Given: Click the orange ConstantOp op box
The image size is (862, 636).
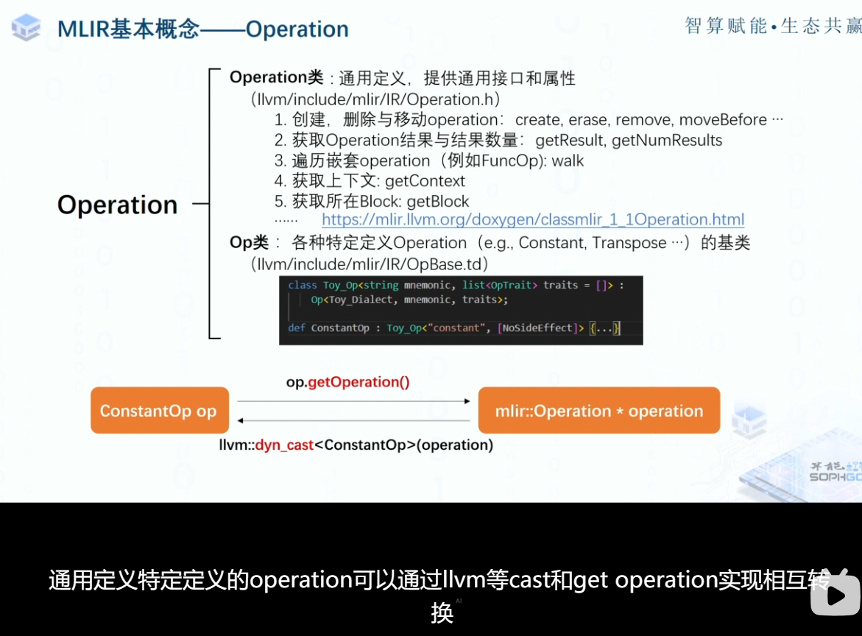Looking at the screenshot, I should coord(159,410).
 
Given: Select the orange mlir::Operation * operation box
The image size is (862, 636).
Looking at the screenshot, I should coord(598,410).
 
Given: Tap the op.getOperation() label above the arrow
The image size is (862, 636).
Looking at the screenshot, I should coord(347,382).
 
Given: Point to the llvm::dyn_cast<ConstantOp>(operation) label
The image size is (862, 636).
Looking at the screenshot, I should coord(356,445).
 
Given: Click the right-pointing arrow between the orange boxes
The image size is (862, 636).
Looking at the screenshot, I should coord(353,401).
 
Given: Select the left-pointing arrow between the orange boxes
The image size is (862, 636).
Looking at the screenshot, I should coord(353,421).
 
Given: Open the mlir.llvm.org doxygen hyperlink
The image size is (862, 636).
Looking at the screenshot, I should coord(533,219).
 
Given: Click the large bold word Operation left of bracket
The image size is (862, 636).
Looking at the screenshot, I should coord(118,205).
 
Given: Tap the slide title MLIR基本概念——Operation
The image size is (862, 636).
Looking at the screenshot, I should coord(203,29).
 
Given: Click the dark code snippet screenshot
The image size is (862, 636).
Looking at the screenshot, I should coord(461,310).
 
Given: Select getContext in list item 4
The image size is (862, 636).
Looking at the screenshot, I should coord(425,181).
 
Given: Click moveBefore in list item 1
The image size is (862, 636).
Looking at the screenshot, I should coord(723,120).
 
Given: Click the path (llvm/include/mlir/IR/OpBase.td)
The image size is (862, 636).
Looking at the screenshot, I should coord(370,264).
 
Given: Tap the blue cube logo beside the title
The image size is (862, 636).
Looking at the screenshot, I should coord(26,28).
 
